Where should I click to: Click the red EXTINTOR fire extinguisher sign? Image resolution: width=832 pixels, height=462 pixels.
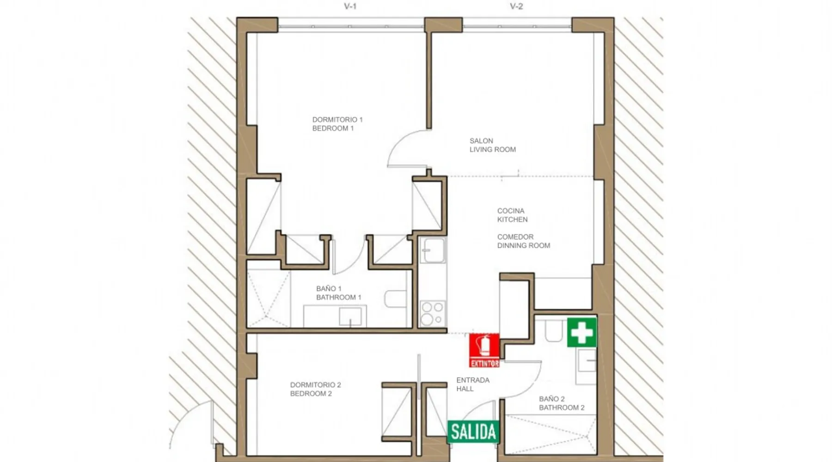(484, 350)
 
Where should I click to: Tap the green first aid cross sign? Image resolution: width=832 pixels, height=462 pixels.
(582, 332)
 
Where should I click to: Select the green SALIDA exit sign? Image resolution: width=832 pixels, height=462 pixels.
(473, 432)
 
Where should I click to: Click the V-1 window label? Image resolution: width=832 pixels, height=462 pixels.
(350, 6)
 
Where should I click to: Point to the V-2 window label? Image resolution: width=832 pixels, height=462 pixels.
(516, 6)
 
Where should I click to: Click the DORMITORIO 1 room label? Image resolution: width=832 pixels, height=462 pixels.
(337, 124)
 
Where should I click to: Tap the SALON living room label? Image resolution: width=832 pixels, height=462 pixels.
(493, 145)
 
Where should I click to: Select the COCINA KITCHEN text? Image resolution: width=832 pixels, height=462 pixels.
(512, 215)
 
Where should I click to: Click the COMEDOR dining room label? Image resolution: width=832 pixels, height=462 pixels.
(524, 241)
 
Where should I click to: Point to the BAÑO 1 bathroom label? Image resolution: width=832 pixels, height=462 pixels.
(338, 293)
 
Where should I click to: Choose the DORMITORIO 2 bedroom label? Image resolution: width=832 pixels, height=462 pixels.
(316, 389)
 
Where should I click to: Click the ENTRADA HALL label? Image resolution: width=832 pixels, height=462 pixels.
(473, 384)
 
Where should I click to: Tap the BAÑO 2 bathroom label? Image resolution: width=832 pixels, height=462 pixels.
(562, 403)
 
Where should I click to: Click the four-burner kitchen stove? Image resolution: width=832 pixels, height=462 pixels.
(433, 313)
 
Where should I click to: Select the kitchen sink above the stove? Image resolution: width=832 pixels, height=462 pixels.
(433, 250)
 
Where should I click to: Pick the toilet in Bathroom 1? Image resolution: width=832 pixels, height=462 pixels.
(395, 299)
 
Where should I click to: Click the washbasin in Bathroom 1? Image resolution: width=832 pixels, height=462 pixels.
(350, 316)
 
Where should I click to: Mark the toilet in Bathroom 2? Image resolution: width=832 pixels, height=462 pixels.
(553, 330)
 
